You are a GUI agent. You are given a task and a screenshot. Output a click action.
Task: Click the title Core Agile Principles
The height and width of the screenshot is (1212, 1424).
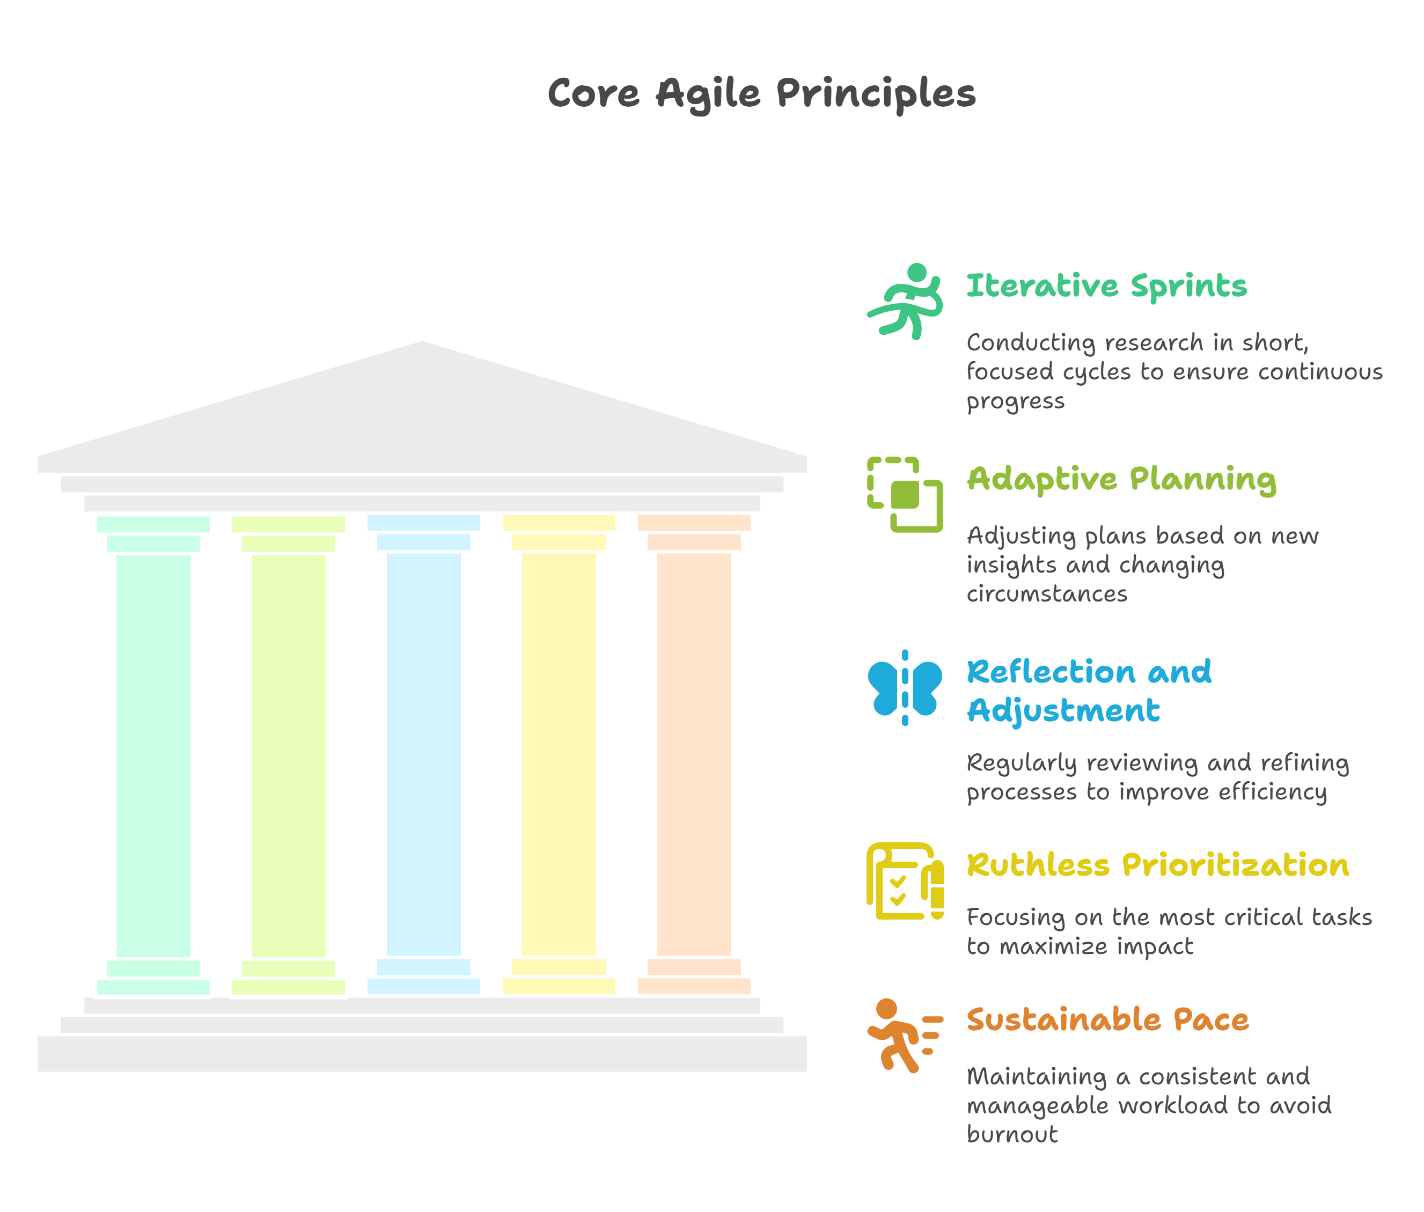coord(761,93)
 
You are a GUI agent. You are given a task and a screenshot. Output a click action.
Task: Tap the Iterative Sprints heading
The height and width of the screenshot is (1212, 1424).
coord(1106,286)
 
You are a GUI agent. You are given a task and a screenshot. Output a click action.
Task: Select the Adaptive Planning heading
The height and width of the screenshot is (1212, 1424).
coord(1121,479)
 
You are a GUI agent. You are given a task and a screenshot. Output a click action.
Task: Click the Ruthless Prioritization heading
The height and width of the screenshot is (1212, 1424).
coord(1157,865)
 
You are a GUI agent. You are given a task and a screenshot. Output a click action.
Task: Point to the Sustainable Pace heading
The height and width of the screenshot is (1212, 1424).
coord(1107,1019)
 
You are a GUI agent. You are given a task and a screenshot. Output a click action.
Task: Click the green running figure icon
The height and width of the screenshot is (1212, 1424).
coord(905,302)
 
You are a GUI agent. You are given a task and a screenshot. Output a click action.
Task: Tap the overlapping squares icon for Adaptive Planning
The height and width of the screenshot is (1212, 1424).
coord(905,495)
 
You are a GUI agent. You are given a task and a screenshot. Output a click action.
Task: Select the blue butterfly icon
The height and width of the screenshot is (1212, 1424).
coord(905,688)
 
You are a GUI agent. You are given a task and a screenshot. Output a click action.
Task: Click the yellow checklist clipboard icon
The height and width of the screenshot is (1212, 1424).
coord(905,881)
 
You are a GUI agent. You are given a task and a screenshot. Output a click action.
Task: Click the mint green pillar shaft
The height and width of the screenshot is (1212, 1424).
coord(153,756)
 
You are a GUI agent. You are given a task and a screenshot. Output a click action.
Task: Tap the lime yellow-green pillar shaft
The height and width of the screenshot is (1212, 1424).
coord(289,756)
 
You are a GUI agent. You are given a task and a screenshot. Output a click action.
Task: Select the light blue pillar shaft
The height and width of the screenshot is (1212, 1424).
coord(424,756)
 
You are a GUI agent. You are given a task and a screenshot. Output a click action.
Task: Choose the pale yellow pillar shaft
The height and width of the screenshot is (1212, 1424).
coord(559,756)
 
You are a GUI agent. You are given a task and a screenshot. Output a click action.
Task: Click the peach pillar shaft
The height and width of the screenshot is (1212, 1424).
coord(694,756)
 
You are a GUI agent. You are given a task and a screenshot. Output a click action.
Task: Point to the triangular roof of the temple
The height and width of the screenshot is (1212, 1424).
coord(422,412)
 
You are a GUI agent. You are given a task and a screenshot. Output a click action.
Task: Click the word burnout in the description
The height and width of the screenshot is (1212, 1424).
coord(1012,1134)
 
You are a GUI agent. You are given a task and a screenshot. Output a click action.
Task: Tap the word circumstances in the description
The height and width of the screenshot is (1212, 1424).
coord(1047,593)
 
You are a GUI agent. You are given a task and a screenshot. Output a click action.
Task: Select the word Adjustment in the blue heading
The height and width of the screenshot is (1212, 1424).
coord(1063,710)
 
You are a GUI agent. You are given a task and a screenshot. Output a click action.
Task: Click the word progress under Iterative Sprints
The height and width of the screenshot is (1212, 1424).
coord(1015,401)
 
